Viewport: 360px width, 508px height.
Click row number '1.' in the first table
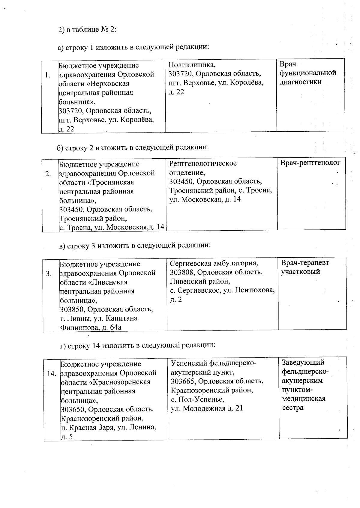tap(48, 75)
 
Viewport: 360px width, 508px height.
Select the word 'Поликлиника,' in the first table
tap(192, 65)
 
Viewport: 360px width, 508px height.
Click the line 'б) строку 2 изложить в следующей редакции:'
tap(133, 148)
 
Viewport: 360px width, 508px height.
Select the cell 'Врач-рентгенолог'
tap(310, 163)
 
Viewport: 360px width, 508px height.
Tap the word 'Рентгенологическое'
tap(203, 163)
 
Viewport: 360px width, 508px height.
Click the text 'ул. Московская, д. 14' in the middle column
tap(205, 199)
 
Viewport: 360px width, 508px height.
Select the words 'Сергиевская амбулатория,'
tap(214, 263)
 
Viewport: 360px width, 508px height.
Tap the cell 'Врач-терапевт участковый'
tap(305, 267)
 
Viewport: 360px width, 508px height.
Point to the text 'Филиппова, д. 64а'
tap(91, 327)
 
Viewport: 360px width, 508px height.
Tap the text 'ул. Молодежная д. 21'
tap(207, 408)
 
